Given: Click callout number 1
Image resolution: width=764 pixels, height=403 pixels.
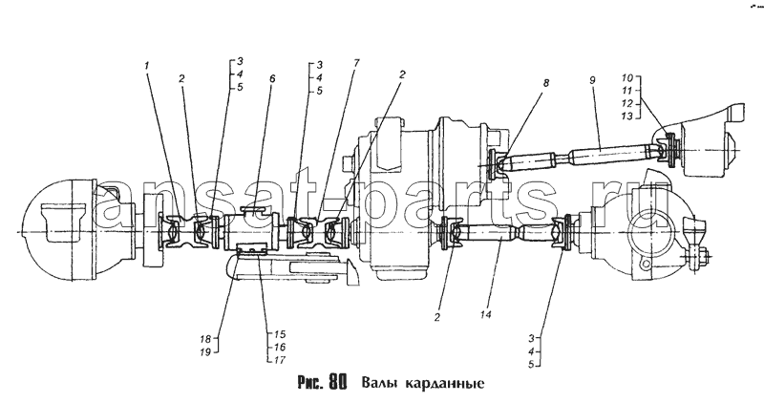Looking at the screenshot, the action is point(147,65).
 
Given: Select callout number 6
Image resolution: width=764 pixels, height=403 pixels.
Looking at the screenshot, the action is point(272,78).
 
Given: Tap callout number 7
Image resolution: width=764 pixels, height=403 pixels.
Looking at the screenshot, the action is point(356,62).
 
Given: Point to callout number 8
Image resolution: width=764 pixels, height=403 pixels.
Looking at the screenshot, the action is point(546,83).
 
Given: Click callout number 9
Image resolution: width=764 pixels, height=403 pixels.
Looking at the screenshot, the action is point(592,80).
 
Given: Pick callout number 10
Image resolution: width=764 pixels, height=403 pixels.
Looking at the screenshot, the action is point(627,78).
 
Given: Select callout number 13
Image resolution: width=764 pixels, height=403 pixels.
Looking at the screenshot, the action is point(627,116).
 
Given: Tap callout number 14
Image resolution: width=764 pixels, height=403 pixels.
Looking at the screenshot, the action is point(485,314).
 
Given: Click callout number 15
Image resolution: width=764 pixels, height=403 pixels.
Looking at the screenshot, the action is point(280,335).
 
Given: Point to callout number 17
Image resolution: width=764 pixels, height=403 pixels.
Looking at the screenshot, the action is point(280,360).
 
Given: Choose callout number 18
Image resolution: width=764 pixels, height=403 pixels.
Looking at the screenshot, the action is point(204,339).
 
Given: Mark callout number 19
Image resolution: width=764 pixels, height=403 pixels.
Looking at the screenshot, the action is point(204,351).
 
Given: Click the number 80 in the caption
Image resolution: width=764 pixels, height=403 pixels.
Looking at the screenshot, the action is point(338,382).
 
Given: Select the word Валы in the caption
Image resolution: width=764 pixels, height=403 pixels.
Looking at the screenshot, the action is point(378,383).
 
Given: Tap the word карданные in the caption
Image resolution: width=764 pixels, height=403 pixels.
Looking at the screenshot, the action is point(443,384).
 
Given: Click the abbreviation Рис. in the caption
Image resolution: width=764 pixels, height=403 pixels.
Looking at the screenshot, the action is point(309,383).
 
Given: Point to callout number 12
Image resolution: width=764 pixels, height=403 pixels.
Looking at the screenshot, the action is point(627,103).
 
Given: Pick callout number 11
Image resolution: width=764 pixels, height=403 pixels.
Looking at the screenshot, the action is point(627,91).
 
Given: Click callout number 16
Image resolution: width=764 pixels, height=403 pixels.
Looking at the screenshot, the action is point(280,348).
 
